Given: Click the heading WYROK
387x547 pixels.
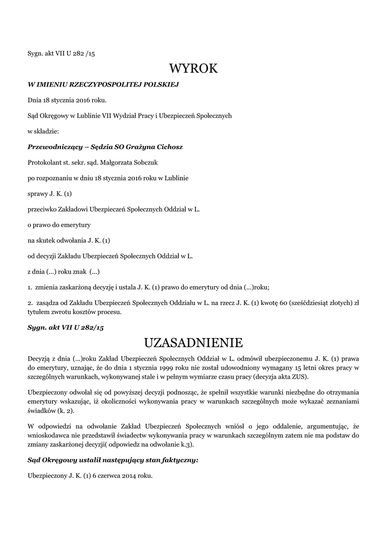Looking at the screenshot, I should point(193,69).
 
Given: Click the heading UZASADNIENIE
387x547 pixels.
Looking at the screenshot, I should point(193,342).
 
